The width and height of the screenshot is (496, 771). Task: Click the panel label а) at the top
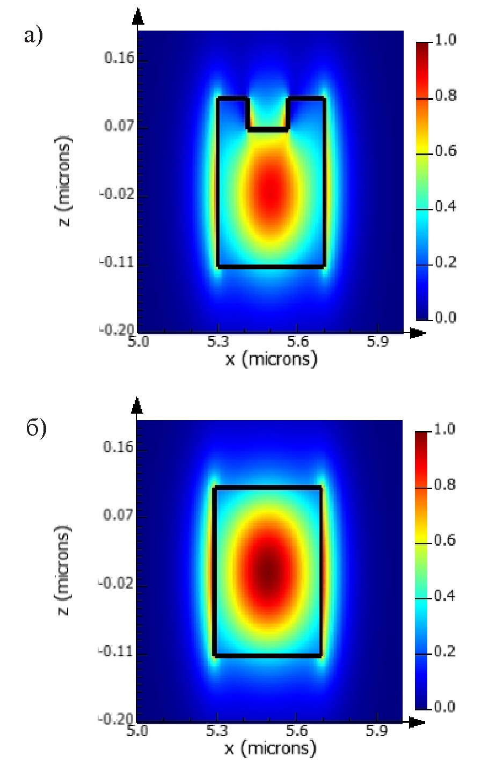click(33, 36)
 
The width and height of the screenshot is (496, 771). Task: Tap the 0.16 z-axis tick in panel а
click(119, 58)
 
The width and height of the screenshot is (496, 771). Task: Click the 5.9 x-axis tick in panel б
click(376, 731)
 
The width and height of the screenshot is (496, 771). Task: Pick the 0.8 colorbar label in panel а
click(446, 96)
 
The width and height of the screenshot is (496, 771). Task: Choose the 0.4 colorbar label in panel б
click(444, 596)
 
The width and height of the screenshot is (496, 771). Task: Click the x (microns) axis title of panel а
click(271, 358)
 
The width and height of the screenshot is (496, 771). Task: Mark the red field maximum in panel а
click(272, 193)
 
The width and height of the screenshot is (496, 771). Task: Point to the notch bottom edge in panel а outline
click(268, 129)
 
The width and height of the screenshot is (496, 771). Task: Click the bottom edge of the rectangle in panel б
click(267, 655)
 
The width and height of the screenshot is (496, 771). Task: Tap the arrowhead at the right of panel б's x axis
click(417, 723)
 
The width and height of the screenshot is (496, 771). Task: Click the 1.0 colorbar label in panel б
click(444, 430)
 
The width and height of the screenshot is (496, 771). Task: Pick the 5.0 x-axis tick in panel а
click(138, 342)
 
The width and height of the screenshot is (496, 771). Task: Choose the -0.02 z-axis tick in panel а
click(116, 194)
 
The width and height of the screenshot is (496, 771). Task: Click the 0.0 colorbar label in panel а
click(446, 318)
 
